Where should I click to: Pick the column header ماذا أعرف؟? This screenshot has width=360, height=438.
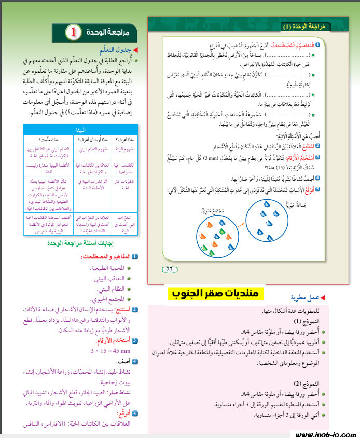125,140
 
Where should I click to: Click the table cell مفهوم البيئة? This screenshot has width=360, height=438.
124,149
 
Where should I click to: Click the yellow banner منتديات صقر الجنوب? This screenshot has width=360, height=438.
215,293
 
